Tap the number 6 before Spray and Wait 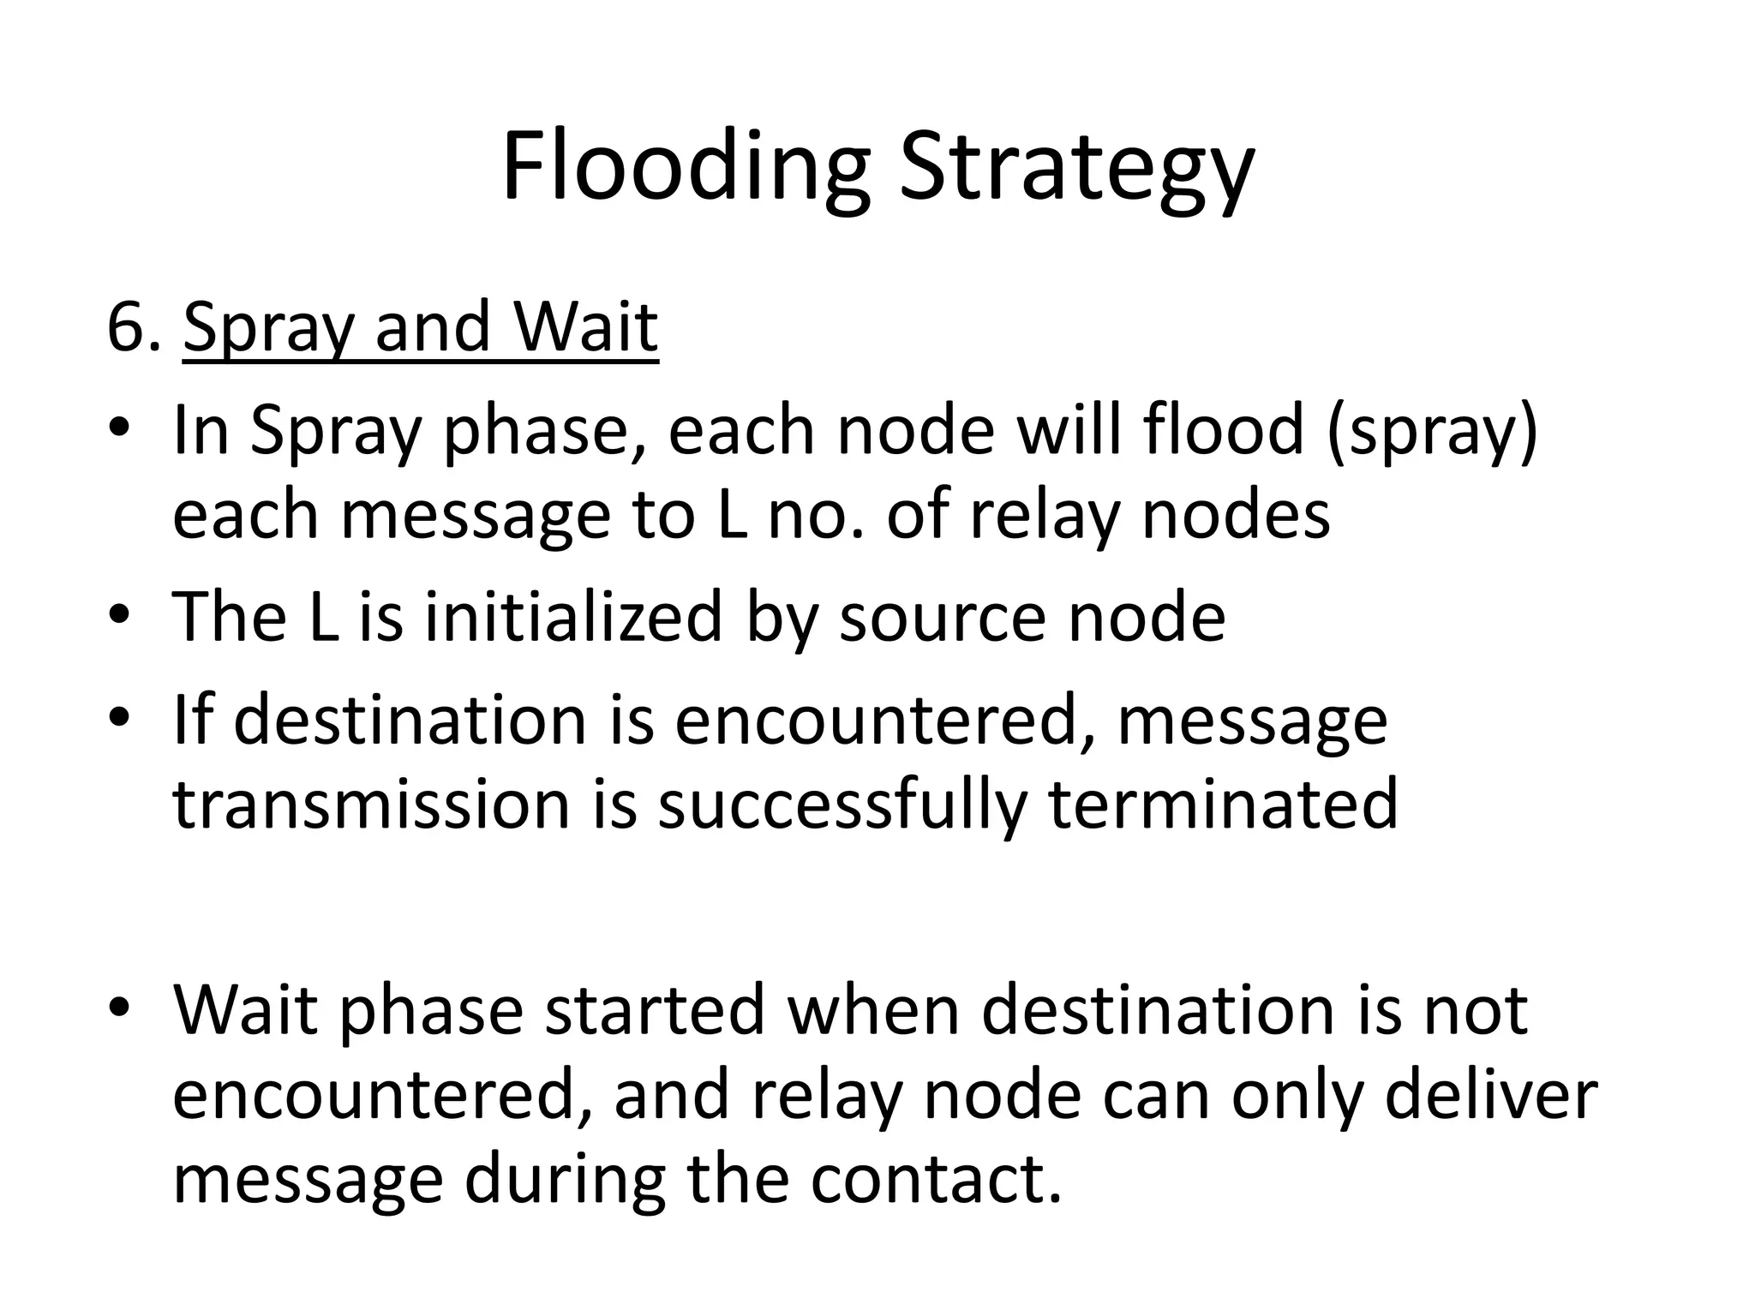pos(127,327)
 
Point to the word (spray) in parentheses pos(1432,431)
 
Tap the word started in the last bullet pos(655,1009)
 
